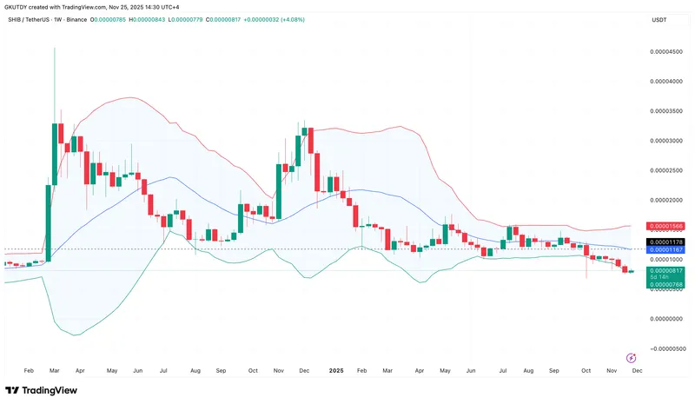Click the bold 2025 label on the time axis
337,370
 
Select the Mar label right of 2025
387,370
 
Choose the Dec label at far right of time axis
637,370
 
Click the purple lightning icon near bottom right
631,357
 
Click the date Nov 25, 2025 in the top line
127,6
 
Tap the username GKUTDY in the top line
17,6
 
